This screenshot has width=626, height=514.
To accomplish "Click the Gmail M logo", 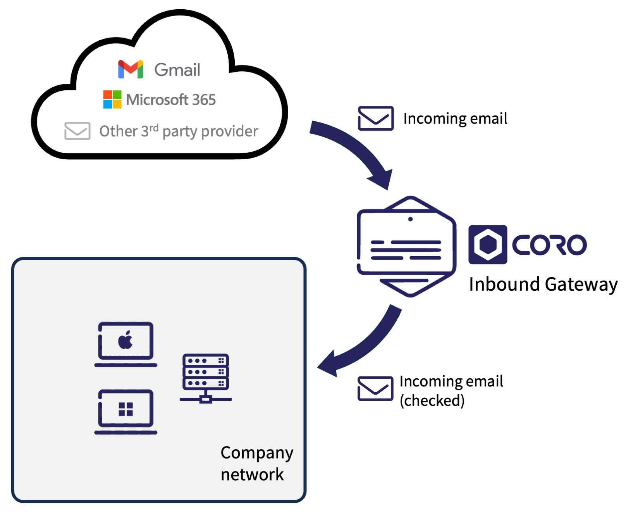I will pos(131,69).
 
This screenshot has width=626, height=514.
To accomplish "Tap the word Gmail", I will pos(177,70).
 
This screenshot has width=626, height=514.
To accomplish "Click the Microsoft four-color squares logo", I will pos(112,100).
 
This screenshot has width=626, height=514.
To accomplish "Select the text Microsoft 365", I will pos(171,100).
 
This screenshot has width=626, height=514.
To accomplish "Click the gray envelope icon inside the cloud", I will pos(77,131).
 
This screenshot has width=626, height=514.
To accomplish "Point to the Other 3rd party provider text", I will pos(179,131).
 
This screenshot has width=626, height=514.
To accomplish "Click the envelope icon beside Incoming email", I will pos(375,118).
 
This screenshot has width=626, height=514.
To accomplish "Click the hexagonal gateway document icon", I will pos(406,247).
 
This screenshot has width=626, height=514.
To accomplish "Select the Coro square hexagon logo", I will pos(487,245).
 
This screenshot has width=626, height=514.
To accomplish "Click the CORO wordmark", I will pos(549,245).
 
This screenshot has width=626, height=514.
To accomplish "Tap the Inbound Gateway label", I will pos(543,285).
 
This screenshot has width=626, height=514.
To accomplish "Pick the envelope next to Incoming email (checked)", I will pos(375,388).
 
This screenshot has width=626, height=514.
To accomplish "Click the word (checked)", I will pos(432,400).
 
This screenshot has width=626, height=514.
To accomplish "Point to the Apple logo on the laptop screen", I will pos(126,340).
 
